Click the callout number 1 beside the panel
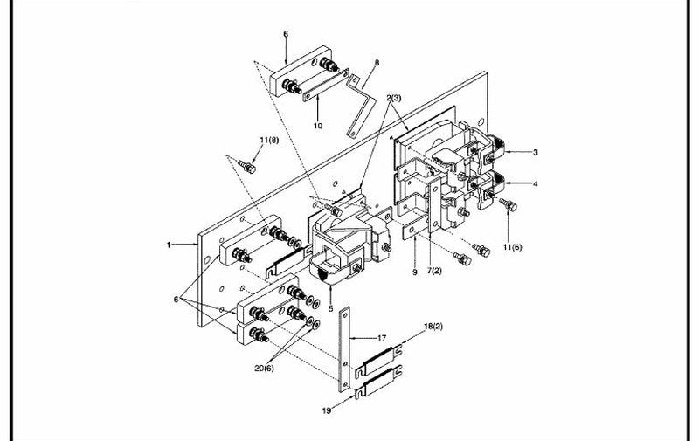[x=169, y=245]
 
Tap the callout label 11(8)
[x=269, y=141]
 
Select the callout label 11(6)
[x=512, y=247]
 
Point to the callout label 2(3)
[x=394, y=98]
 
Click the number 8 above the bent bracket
[x=377, y=63]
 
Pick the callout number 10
[x=318, y=126]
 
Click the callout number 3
[x=536, y=152]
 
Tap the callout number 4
[x=536, y=183]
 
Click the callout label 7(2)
[x=433, y=271]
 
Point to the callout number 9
[x=414, y=272]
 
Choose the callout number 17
[x=382, y=338]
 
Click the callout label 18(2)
[x=433, y=327]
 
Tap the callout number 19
[x=327, y=410]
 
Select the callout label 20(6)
[x=265, y=369]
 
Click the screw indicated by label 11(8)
[x=247, y=167]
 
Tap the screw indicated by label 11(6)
[x=509, y=204]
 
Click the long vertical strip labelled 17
[x=344, y=349]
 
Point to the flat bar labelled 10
[x=326, y=86]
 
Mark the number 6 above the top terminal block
[x=286, y=34]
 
